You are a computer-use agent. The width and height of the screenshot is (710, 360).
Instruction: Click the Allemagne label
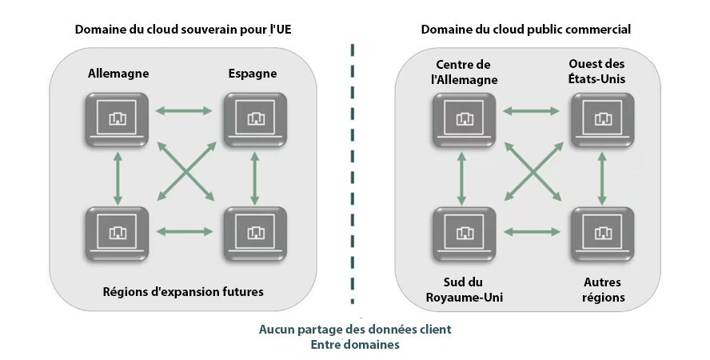pyautogui.click(x=118, y=74)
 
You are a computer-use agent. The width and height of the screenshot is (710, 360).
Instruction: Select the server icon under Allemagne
pyautogui.click(x=117, y=119)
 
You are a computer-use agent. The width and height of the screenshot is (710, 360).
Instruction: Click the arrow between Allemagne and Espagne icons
pyautogui.click(x=185, y=110)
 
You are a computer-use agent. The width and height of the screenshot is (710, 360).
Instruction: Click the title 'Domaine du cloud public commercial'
pyautogui.click(x=526, y=30)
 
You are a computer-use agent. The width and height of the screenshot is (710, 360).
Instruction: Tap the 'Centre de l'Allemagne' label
pyautogui.click(x=464, y=71)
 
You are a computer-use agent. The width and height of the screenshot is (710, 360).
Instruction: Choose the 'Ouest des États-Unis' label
pyautogui.click(x=596, y=71)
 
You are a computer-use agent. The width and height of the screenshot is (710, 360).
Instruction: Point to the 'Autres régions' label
pyautogui.click(x=603, y=290)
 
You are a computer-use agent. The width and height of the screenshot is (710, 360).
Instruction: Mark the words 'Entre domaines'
pyautogui.click(x=354, y=345)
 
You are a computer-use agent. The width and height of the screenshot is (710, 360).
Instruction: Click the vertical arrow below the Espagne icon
pyautogui.click(x=255, y=176)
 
